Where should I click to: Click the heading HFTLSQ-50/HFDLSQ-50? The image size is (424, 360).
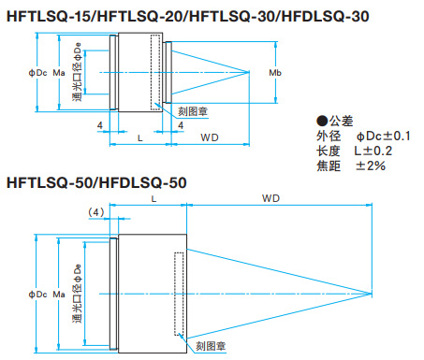point(97,181)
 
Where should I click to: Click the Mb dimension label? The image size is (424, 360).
point(274,73)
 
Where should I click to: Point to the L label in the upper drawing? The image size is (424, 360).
point(139,137)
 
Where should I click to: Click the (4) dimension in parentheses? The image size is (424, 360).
point(95,212)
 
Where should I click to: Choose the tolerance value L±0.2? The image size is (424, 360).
point(373,151)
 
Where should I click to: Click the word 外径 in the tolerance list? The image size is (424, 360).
point(329,136)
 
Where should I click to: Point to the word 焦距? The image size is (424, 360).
point(329,166)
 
